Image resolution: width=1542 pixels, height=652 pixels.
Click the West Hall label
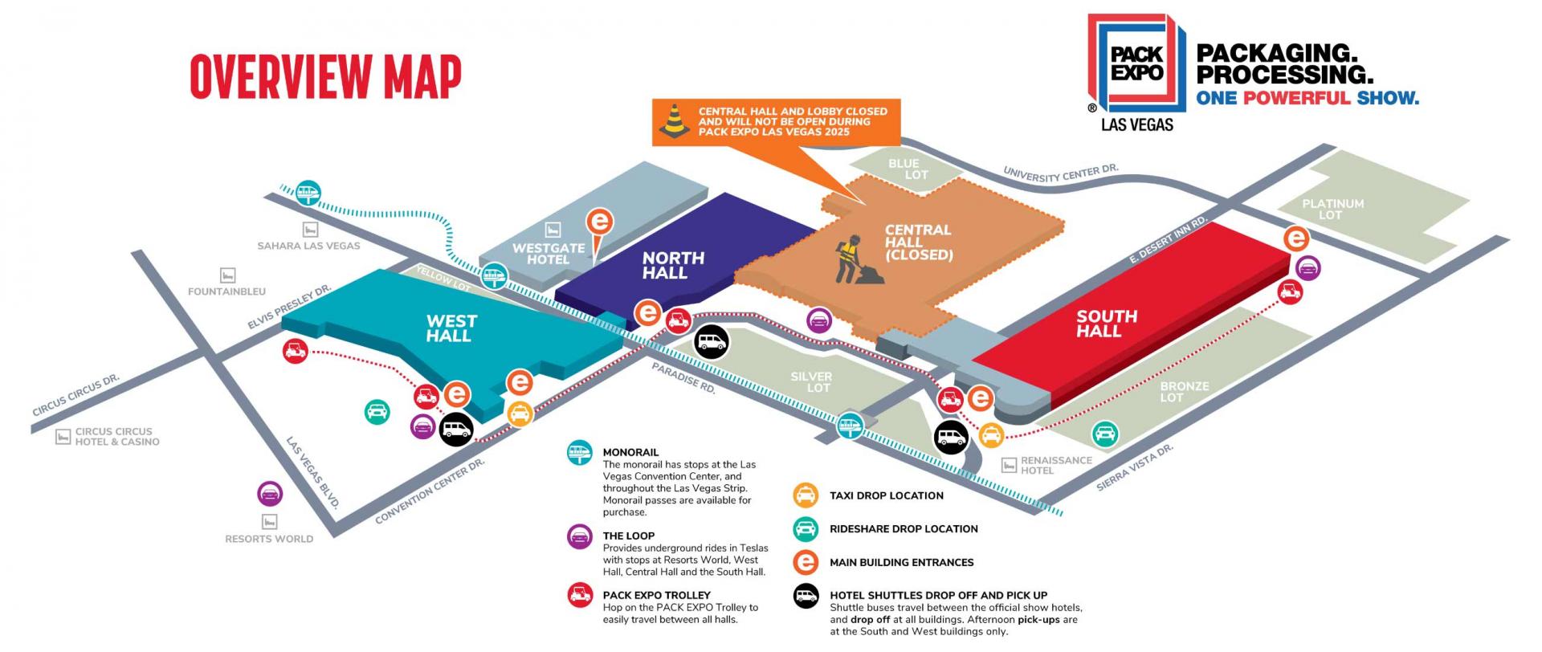pos(451,328)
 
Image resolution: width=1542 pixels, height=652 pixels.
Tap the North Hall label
pos(672,265)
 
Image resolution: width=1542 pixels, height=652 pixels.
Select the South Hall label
pos(1106,323)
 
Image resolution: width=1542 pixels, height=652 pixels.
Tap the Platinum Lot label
pos(1332,209)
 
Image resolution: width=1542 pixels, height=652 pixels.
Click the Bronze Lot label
pos(1183,391)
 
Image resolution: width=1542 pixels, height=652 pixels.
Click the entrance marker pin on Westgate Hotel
pos(600,224)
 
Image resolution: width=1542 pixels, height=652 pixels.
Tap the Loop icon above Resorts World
pos(269,494)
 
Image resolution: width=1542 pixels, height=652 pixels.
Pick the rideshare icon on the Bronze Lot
pos(1105,434)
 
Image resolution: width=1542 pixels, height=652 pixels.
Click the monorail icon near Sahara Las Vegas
pos(308,193)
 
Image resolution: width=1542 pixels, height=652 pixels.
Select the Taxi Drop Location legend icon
pos(806,495)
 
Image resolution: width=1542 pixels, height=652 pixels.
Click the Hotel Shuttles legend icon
pos(806,597)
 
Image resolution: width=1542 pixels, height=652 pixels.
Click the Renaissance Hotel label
pos(1055,465)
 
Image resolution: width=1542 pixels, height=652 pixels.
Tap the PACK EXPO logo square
pos(1136,63)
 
